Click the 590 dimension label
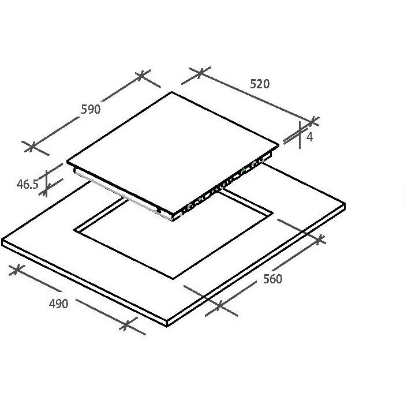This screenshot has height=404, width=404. point(91,109)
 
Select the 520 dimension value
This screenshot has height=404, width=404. point(260,84)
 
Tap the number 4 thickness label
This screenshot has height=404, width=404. point(309,137)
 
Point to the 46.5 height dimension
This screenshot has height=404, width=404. point(27,184)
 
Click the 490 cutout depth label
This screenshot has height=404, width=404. point(58,304)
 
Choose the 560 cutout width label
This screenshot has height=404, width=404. point(272,279)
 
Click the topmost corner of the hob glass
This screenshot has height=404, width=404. point(171,92)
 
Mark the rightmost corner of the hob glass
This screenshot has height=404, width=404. point(279,145)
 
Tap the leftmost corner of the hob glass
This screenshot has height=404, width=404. point(68,162)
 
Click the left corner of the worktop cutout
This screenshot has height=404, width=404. point(74,230)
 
